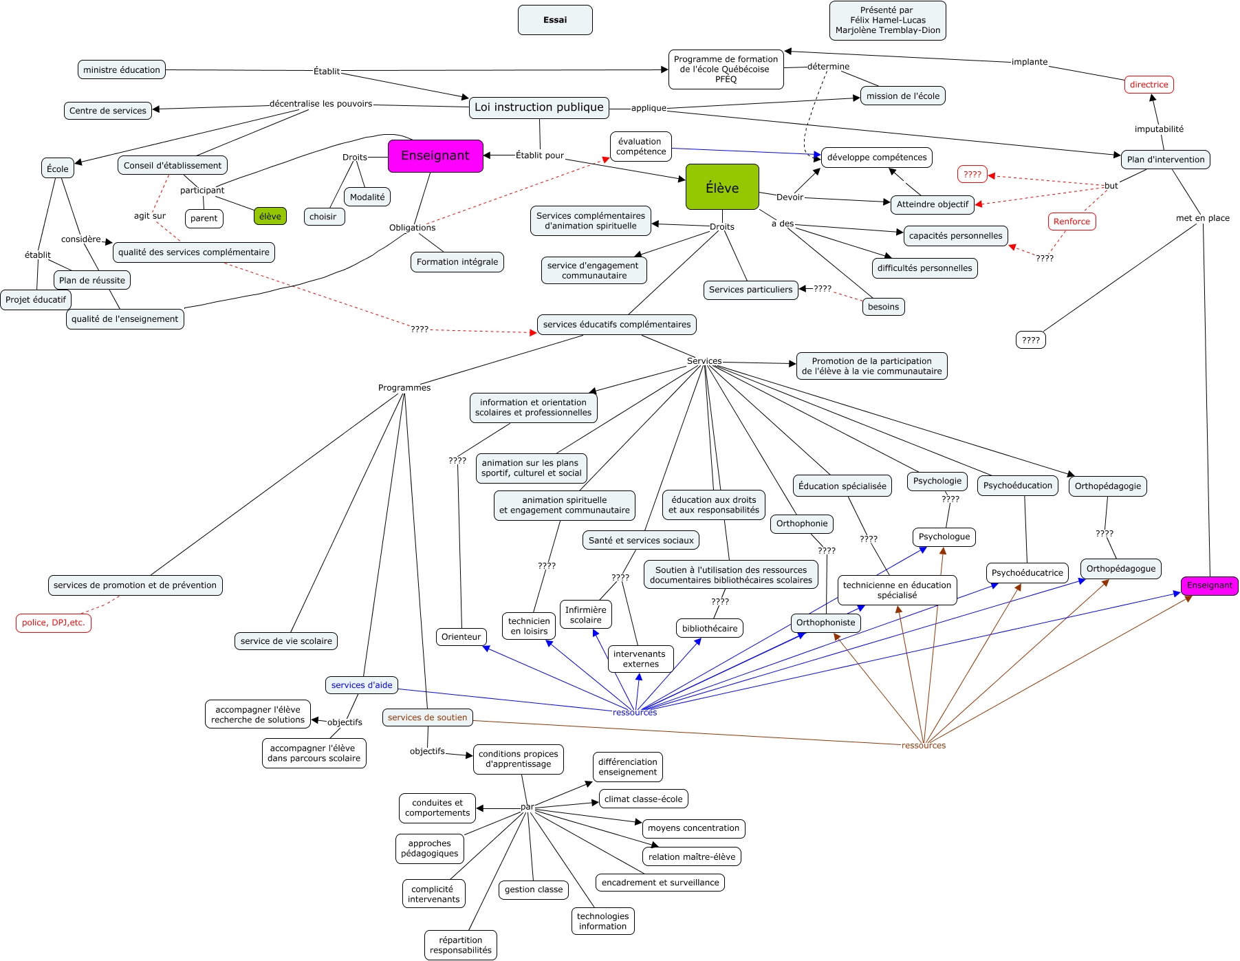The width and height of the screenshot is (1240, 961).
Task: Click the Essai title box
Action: pyautogui.click(x=555, y=20)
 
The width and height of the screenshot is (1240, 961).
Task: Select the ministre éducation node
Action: pyautogui.click(x=122, y=69)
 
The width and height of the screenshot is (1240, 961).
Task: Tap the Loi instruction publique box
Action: pyautogui.click(x=539, y=107)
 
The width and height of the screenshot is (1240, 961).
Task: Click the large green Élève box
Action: pyautogui.click(x=722, y=187)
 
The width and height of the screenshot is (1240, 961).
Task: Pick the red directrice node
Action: pyautogui.click(x=1149, y=85)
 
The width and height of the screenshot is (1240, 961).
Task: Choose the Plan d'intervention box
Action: pyautogui.click(x=1166, y=160)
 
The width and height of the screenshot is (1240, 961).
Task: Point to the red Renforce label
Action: pyautogui.click(x=1072, y=222)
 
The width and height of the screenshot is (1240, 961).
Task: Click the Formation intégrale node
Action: pyautogui.click(x=457, y=262)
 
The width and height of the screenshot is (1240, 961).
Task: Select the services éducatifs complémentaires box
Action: pyautogui.click(x=617, y=325)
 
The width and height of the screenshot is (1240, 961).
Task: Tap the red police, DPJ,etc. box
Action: pyautogui.click(x=54, y=623)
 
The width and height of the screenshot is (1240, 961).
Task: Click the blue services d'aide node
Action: pyautogui.click(x=362, y=685)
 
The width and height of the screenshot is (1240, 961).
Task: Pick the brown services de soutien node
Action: pyautogui.click(x=427, y=717)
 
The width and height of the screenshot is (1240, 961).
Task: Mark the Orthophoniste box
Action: pyautogui.click(x=825, y=623)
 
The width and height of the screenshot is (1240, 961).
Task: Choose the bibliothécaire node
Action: pyautogui.click(x=710, y=628)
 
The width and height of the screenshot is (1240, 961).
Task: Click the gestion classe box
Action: pyautogui.click(x=534, y=889)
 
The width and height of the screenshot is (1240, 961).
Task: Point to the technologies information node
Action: pyautogui.click(x=602, y=921)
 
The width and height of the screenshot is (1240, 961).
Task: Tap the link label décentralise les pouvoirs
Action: pyautogui.click(x=320, y=104)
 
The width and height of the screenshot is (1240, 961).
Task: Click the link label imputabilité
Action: pyautogui.click(x=1159, y=129)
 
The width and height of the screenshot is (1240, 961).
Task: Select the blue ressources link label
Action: pyautogui.click(x=635, y=712)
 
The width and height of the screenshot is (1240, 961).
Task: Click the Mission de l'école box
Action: pyautogui.click(x=903, y=96)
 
